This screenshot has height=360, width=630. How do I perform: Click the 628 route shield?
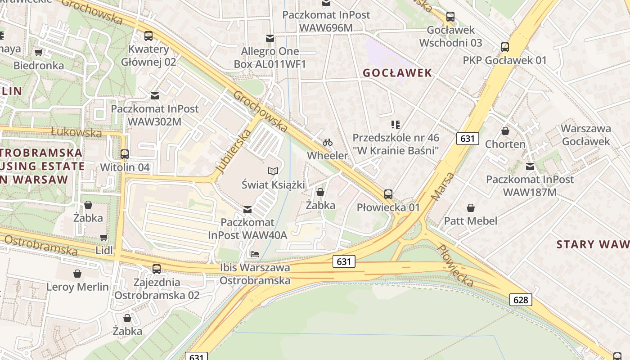tap(521, 300)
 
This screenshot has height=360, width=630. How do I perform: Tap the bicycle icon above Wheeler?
tap(328, 143)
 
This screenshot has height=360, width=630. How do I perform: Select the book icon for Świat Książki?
tap(273, 171)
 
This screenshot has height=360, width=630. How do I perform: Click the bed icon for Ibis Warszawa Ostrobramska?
tap(255, 254)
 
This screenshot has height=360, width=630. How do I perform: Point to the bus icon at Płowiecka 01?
tap(388, 194)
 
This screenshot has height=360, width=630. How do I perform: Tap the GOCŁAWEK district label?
tap(397, 73)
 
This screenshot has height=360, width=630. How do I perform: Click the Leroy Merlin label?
tap(78, 287)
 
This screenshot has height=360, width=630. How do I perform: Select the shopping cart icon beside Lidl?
tap(103, 237)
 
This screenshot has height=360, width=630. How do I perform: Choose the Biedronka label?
tap(39, 65)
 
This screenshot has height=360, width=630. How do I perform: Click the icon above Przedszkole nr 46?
tap(396, 124)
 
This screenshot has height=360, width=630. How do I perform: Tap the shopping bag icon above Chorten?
tap(505, 131)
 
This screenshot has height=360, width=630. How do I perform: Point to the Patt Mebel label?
tap(471, 221)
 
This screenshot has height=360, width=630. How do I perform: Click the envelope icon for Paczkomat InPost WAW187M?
tap(530, 166)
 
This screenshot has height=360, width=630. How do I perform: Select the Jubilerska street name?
tap(233, 151)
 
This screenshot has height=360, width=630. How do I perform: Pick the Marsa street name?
tap(443, 186)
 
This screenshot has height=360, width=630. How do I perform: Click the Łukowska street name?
tap(76, 132)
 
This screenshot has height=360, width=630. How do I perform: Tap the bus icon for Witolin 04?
tap(125, 154)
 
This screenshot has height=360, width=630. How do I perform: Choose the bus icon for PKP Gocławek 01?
tap(505, 47)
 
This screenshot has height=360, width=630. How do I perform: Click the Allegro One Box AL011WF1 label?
tap(270, 58)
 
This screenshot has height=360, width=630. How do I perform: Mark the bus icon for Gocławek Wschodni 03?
tap(450, 17)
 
